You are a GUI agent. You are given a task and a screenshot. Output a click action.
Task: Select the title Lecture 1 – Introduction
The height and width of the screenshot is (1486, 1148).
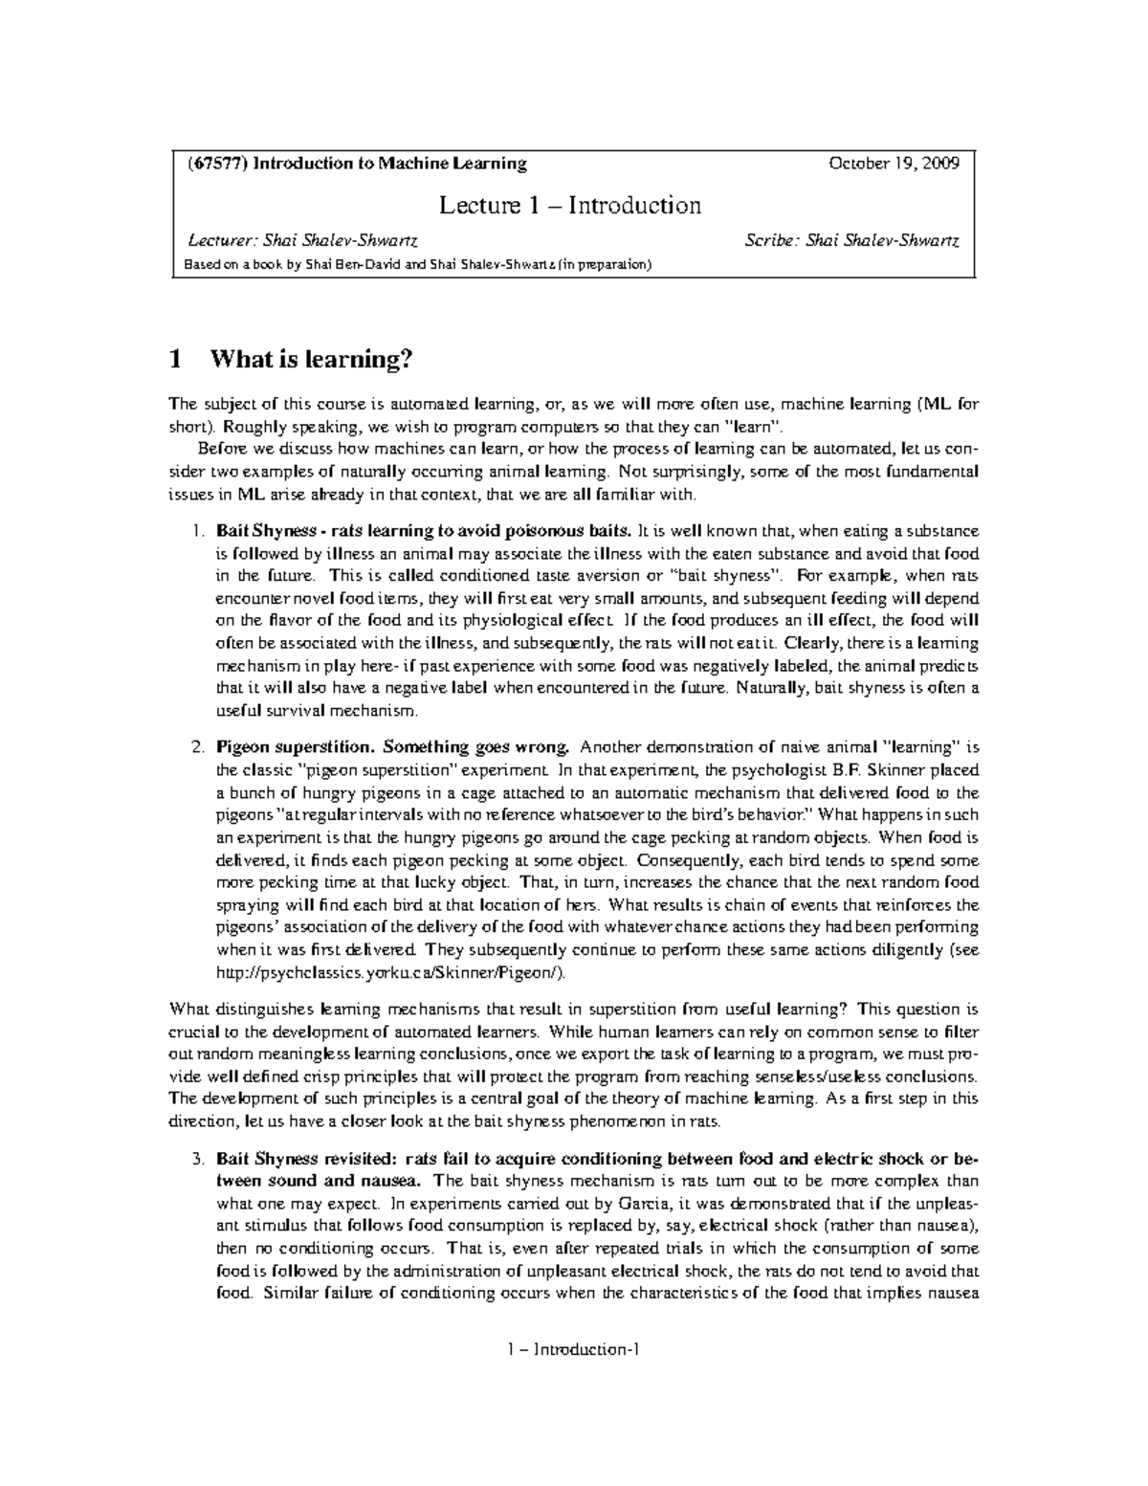[569, 206]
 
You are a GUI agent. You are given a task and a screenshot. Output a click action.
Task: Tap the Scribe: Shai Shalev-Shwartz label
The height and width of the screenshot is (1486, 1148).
[852, 241]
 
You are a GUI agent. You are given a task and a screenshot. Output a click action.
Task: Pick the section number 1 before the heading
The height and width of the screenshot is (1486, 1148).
[174, 360]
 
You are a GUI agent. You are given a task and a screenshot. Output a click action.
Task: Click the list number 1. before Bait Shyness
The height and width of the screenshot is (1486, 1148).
[197, 531]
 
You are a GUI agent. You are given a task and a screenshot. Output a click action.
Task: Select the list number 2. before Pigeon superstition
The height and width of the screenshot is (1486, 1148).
[197, 747]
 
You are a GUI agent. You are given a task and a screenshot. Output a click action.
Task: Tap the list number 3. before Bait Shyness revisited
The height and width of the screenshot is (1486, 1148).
[197, 1159]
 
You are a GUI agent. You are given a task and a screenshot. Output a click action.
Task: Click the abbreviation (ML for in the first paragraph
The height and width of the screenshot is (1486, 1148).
[947, 404]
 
